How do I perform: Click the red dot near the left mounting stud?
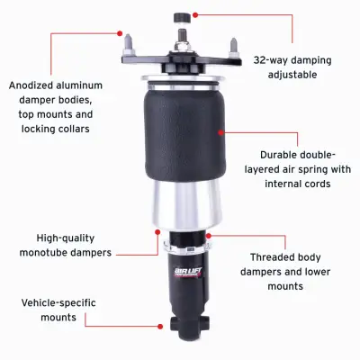[x=119, y=32]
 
